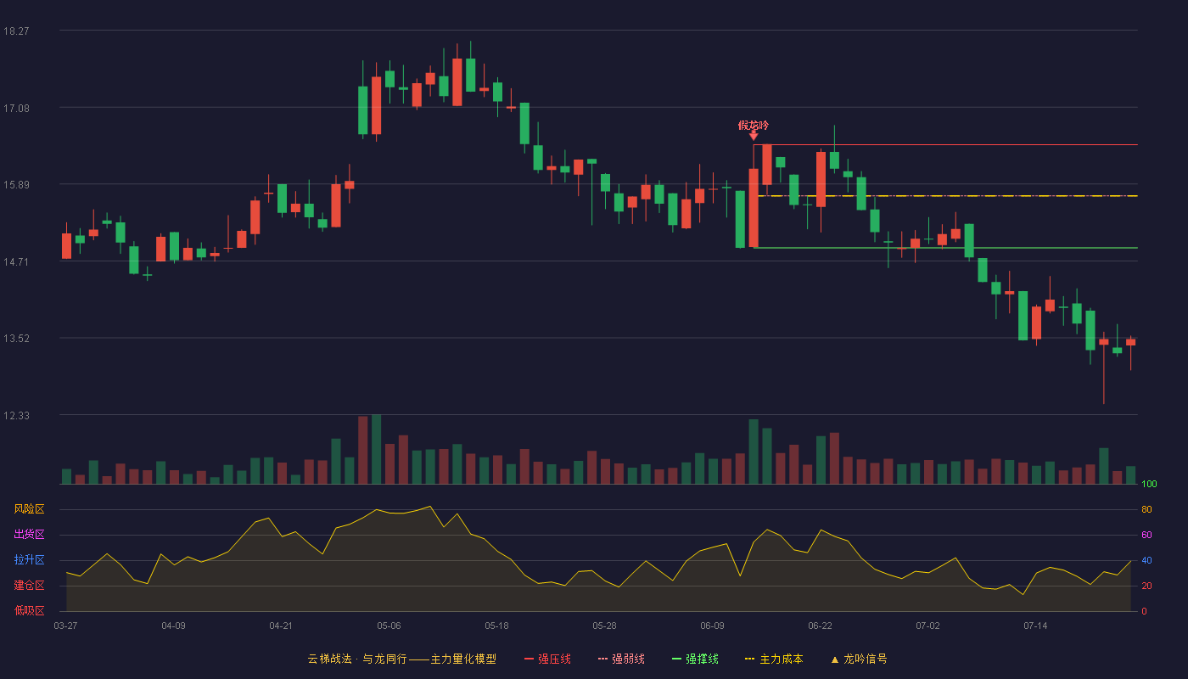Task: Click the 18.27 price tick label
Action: [x=16, y=31]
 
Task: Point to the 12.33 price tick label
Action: [x=16, y=415]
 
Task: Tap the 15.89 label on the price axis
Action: [x=16, y=185]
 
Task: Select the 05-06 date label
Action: [x=389, y=626]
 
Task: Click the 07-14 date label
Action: [x=1035, y=626]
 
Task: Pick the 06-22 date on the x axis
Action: [x=820, y=626]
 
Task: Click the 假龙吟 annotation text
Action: [x=754, y=126]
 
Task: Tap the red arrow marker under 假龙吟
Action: [x=754, y=137]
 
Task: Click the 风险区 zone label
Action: [x=29, y=509]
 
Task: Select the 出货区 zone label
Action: [x=29, y=534]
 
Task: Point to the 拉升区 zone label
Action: [x=29, y=559]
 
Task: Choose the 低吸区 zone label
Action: [x=29, y=610]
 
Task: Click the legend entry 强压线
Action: [x=547, y=659]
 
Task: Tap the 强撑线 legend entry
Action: [x=695, y=659]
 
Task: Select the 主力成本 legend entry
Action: [x=774, y=659]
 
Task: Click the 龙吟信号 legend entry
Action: [x=859, y=659]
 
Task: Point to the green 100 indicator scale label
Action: [x=1149, y=484]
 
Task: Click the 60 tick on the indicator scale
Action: [x=1146, y=535]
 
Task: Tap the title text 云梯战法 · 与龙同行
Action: [x=357, y=659]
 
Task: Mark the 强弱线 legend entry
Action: [x=621, y=659]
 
